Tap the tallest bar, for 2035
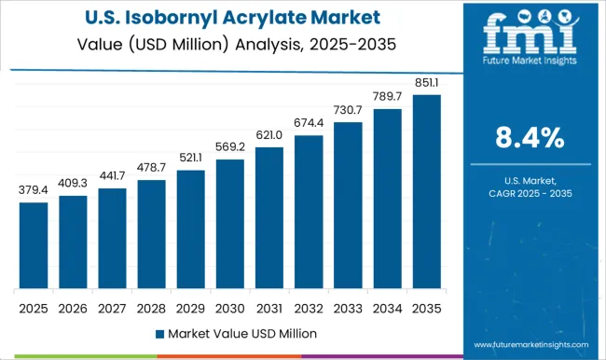pyautogui.click(x=425, y=191)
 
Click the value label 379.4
pyautogui.click(x=33, y=191)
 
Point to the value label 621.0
pyautogui.click(x=269, y=136)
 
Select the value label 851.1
pyautogui.click(x=425, y=84)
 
